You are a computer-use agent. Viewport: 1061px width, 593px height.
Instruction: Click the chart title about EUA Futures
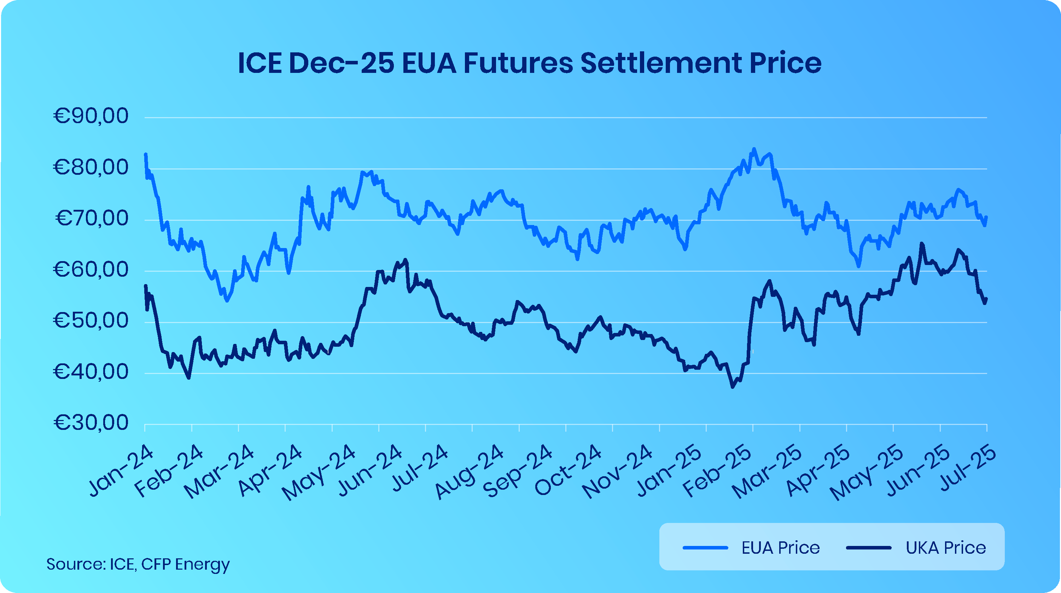530,63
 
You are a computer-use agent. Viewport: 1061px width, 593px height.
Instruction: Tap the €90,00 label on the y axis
91,116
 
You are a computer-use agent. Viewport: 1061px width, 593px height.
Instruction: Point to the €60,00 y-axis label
91,270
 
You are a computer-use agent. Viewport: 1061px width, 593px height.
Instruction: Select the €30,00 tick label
91,422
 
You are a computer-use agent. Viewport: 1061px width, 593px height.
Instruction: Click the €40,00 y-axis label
91,372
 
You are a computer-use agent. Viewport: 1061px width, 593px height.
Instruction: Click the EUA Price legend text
781,548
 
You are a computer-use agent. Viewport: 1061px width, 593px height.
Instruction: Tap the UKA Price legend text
946,548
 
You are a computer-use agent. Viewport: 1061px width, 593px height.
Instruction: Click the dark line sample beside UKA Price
869,548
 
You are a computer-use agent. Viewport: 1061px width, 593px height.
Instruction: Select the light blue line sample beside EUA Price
705,548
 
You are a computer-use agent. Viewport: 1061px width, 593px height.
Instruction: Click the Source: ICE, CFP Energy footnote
138,564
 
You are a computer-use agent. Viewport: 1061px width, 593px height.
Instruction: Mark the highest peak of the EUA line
754,149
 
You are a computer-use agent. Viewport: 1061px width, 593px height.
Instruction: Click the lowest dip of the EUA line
227,301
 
